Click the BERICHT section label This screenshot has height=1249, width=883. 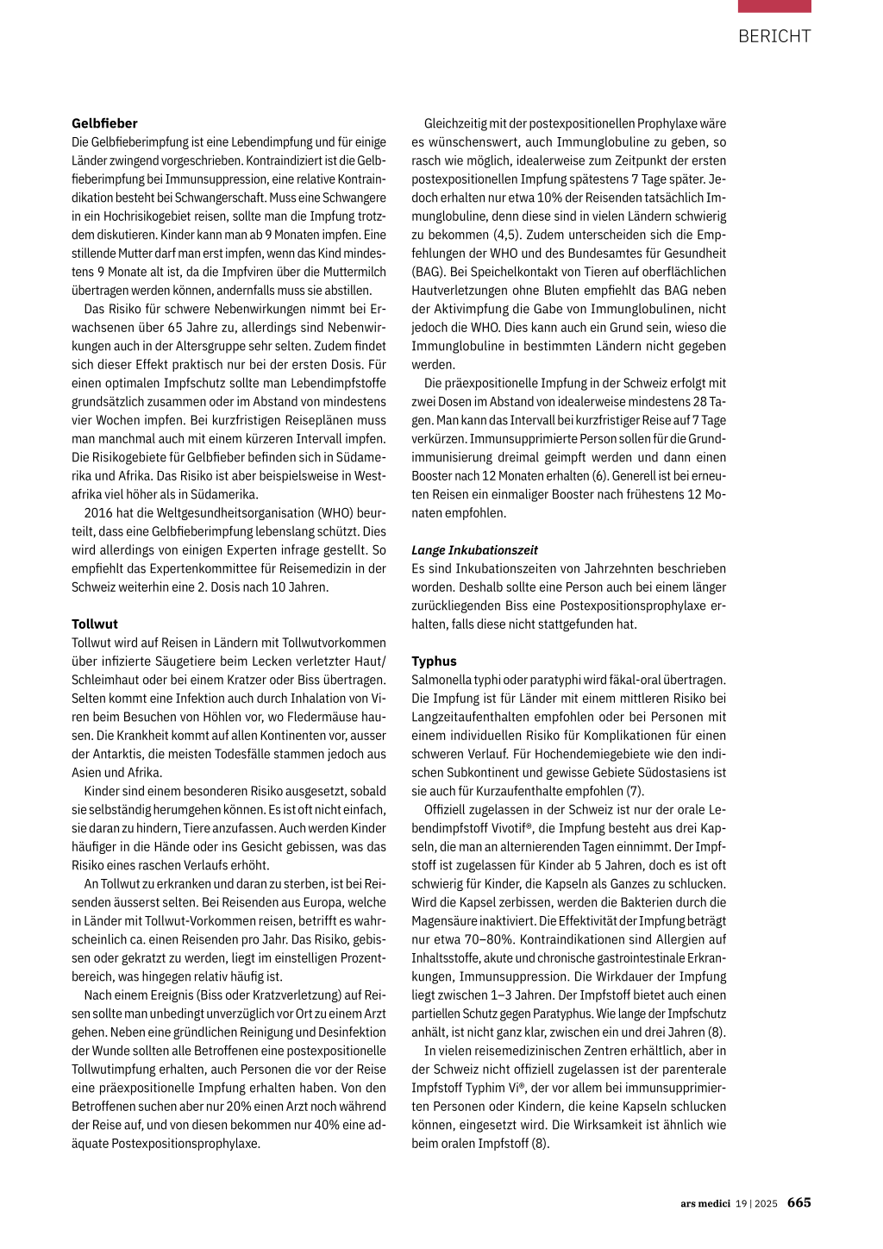(x=774, y=36)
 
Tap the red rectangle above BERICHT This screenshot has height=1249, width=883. (x=774, y=6)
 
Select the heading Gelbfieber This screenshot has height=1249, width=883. (x=104, y=123)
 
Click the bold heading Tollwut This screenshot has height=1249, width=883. (x=95, y=624)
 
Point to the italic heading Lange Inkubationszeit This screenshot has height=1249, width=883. (x=474, y=549)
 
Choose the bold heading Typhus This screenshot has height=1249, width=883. (x=434, y=661)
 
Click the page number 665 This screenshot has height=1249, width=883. (x=799, y=1202)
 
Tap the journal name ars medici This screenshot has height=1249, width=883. (x=705, y=1203)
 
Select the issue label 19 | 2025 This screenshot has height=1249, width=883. (x=756, y=1203)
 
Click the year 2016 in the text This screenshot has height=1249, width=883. (x=98, y=512)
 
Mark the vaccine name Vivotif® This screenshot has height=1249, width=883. (x=506, y=828)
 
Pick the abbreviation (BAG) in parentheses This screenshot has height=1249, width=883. (x=428, y=272)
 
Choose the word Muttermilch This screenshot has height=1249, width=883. (x=354, y=272)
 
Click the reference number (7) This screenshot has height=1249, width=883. (x=635, y=791)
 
